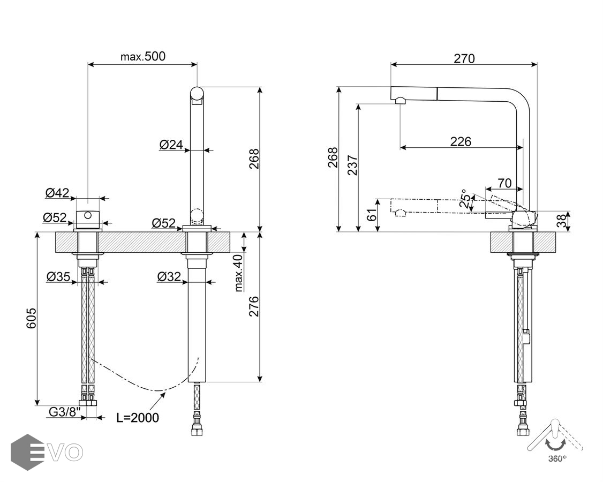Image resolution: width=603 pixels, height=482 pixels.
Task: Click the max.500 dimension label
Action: coord(142,56)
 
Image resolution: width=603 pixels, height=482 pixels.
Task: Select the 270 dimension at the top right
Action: coord(464,58)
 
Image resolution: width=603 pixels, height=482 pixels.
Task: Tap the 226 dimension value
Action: coord(460,141)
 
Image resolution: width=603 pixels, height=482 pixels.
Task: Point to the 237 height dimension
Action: coord(351,164)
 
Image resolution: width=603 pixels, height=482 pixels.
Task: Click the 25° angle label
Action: coord(467,199)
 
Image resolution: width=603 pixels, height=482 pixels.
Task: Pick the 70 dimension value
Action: coord(504,183)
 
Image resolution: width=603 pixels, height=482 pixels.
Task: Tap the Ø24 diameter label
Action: coord(171,144)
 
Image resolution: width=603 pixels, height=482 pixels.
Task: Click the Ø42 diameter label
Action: coord(57,193)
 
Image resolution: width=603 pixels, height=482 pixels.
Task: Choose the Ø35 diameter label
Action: coord(58,276)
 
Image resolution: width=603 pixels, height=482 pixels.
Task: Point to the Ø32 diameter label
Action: coord(169,276)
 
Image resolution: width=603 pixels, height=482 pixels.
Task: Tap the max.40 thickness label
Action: coord(238,273)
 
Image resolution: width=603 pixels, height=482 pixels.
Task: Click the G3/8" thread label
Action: coord(64,412)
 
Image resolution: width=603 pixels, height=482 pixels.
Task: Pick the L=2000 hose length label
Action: coord(138,418)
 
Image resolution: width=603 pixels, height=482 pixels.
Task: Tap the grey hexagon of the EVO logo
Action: coord(27,452)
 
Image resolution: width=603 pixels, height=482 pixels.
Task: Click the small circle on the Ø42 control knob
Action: coord(88,216)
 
